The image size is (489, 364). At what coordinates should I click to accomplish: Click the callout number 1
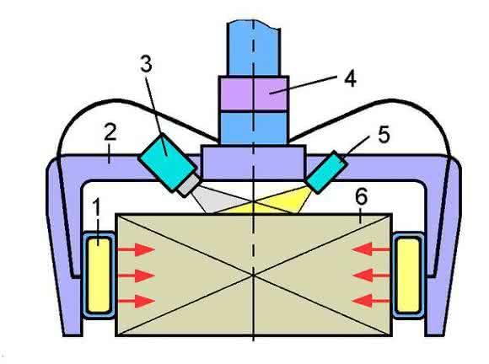97,207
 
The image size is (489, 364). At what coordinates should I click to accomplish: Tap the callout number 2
110,131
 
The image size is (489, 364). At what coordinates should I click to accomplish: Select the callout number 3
146,63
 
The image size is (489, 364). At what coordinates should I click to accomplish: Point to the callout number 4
350,78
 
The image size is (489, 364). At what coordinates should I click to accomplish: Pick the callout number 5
384,135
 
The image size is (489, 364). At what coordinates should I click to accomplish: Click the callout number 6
361,196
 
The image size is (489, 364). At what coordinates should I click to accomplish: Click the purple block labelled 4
253,94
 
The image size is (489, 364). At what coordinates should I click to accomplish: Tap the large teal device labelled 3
168,161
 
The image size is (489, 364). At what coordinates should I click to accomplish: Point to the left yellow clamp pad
99,275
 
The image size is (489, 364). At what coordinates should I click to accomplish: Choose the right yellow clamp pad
408,275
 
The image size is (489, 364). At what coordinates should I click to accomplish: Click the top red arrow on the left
137,249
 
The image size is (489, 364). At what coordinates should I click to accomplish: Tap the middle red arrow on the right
371,276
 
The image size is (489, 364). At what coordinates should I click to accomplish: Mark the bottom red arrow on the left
137,301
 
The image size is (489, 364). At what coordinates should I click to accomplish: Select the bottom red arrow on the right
371,301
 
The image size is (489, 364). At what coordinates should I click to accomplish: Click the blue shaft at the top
253,48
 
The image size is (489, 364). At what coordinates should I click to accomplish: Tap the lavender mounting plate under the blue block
253,162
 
